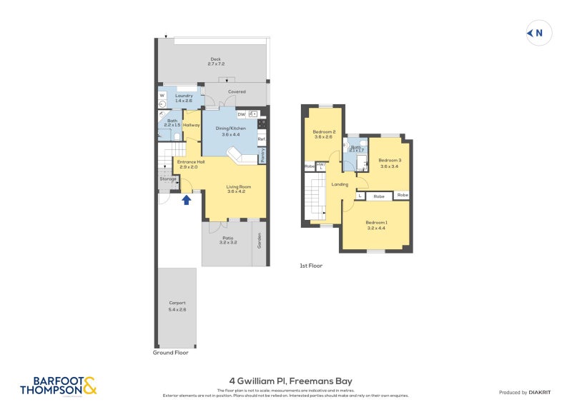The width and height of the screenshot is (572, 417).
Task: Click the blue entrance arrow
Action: click(187, 200)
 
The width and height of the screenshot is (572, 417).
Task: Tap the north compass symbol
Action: click(538, 33)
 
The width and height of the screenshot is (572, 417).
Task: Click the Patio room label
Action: click(227, 240)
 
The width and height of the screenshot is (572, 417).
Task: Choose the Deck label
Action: click(215, 61)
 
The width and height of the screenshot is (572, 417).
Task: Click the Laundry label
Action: click(174, 99)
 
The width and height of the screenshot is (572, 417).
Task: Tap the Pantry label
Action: click(263, 156)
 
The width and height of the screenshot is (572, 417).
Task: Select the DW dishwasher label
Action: click(241, 114)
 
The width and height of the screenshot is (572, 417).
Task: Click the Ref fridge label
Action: click(262, 139)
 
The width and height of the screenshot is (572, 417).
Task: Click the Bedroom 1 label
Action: click(376, 224)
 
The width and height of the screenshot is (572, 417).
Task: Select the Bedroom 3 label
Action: click(390, 163)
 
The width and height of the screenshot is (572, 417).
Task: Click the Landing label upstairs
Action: click(340, 184)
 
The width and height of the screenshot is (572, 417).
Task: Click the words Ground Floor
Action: click(171, 353)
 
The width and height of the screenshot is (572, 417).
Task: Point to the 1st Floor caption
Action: click(311, 266)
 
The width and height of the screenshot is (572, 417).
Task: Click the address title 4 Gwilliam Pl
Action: click(286, 381)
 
